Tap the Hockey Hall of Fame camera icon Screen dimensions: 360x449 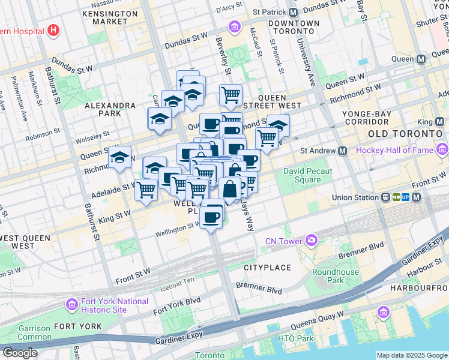443,149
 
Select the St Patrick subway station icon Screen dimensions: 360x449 293,12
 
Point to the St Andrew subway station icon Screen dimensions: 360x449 342,151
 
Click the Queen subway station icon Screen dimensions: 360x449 421,59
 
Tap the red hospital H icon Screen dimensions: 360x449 54,30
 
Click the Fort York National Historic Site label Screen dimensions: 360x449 107,305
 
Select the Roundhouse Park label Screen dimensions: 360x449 327,276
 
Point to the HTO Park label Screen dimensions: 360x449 295,339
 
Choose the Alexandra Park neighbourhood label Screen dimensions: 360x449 110,110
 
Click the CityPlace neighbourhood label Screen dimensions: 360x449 267,267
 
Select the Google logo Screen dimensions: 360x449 19,353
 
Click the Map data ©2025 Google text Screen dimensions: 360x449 412,355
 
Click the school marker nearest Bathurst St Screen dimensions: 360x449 120,158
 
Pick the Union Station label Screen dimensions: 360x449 357,197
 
